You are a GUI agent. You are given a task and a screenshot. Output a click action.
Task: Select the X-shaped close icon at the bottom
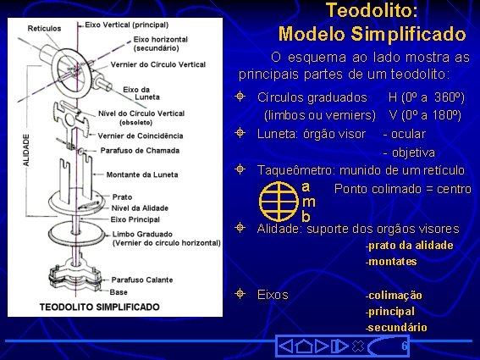357,346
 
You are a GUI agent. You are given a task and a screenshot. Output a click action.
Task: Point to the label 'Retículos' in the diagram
44,28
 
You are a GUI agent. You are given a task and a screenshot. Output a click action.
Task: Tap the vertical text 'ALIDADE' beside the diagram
25,149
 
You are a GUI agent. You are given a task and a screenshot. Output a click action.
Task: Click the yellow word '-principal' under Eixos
389,311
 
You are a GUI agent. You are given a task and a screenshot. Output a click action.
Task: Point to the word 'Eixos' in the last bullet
273,295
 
